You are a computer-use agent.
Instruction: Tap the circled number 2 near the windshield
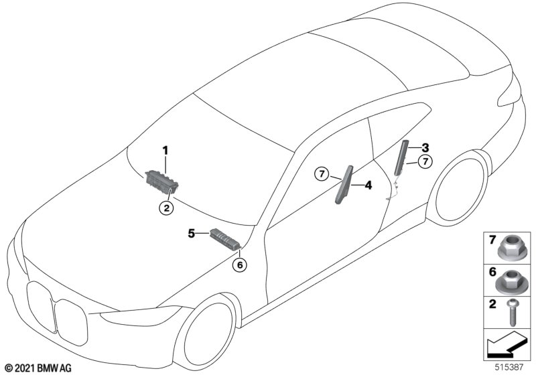166,208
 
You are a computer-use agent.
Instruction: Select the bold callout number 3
425,147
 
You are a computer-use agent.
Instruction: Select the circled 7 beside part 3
424,161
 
